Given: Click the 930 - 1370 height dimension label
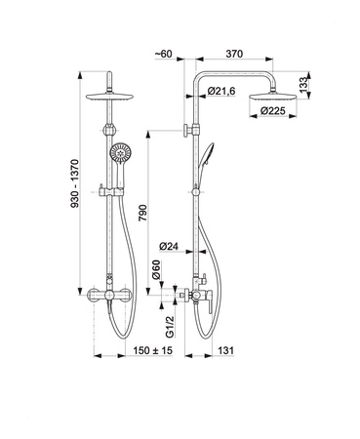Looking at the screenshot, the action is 75,183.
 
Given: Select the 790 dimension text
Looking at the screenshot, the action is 143,213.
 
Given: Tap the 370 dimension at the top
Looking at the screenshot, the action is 234,54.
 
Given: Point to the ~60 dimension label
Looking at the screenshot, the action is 163,54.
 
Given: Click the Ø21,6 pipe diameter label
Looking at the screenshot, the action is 221,91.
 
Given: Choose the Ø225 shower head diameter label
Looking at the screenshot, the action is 272,111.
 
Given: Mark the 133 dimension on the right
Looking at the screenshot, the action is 303,85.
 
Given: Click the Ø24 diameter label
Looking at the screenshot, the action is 169,247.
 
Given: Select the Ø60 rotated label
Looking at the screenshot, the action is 156,269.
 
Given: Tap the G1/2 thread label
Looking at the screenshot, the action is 170,327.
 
